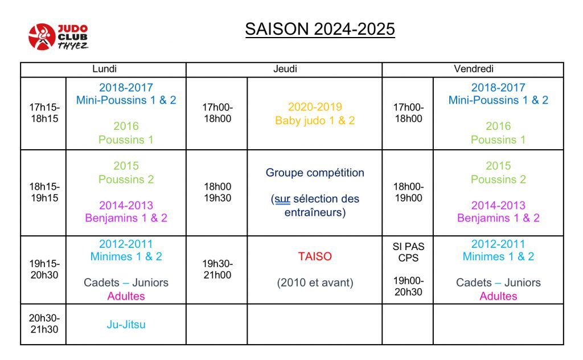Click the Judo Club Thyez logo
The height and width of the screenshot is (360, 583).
coord(59,37)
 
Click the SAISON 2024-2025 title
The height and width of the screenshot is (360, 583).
coord(320,29)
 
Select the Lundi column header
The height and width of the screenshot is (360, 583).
coord(105,69)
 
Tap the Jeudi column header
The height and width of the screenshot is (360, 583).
coord(285,69)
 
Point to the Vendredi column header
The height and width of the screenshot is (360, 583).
coord(474,69)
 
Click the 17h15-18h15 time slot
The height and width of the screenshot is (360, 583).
coord(44,113)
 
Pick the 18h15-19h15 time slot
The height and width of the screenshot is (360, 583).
coord(44,193)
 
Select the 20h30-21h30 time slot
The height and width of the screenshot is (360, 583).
coord(44,324)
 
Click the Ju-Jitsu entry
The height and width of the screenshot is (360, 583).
coord(126,325)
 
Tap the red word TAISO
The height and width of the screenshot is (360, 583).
coord(315,256)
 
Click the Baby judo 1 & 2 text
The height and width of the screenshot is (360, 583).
coord(315,121)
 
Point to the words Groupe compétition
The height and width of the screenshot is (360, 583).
coord(315,173)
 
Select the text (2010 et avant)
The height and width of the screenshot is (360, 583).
coord(315,283)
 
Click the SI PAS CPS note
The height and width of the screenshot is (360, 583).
coord(408,252)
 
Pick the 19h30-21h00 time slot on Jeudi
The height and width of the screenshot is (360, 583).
coord(217,269)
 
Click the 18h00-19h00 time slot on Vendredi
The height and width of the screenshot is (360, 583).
coord(408,193)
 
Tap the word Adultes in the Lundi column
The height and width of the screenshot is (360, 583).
coord(126,296)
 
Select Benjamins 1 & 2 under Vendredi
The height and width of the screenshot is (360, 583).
coord(498,218)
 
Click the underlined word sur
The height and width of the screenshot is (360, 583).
coord(282,199)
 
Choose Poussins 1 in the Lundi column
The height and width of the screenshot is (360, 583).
coord(126,140)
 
